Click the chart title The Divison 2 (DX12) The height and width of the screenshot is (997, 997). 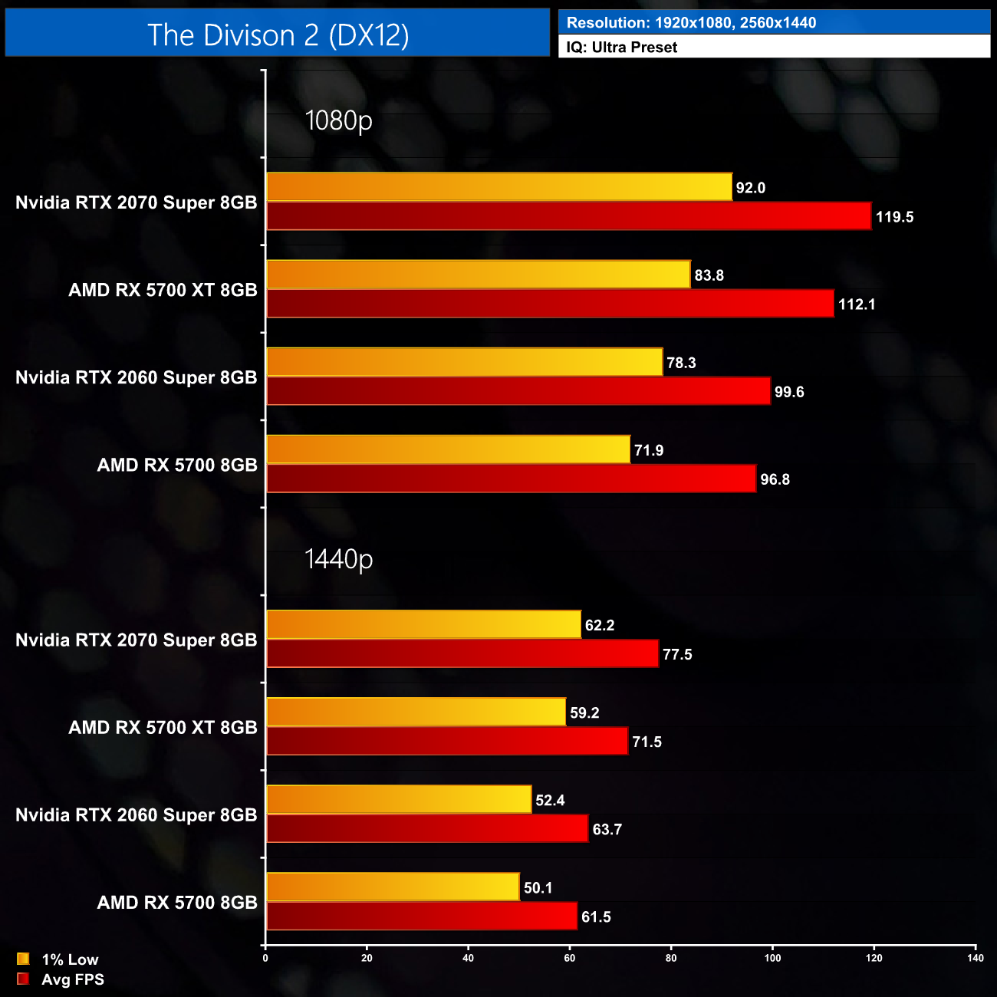278,35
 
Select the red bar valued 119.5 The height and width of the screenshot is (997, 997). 568,216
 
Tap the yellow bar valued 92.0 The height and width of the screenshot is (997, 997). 498,187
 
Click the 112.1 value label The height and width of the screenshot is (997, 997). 857,304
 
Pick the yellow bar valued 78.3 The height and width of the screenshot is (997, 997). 464,362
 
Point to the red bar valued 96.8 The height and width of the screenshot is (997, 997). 511,479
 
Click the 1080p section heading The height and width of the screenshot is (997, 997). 338,120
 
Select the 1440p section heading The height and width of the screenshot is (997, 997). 338,559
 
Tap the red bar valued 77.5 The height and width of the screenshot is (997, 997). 462,653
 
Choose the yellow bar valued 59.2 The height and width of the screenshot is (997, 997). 416,712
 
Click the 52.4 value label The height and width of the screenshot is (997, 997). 550,801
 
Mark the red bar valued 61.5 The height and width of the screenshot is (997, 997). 421,916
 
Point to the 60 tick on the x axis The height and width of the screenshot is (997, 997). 570,958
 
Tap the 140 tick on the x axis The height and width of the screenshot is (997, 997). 975,958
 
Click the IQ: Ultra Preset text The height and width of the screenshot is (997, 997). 622,48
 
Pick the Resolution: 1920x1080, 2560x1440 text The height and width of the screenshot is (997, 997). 691,23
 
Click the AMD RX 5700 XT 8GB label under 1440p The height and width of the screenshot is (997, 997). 163,727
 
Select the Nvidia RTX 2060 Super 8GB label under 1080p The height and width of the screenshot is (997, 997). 137,377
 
